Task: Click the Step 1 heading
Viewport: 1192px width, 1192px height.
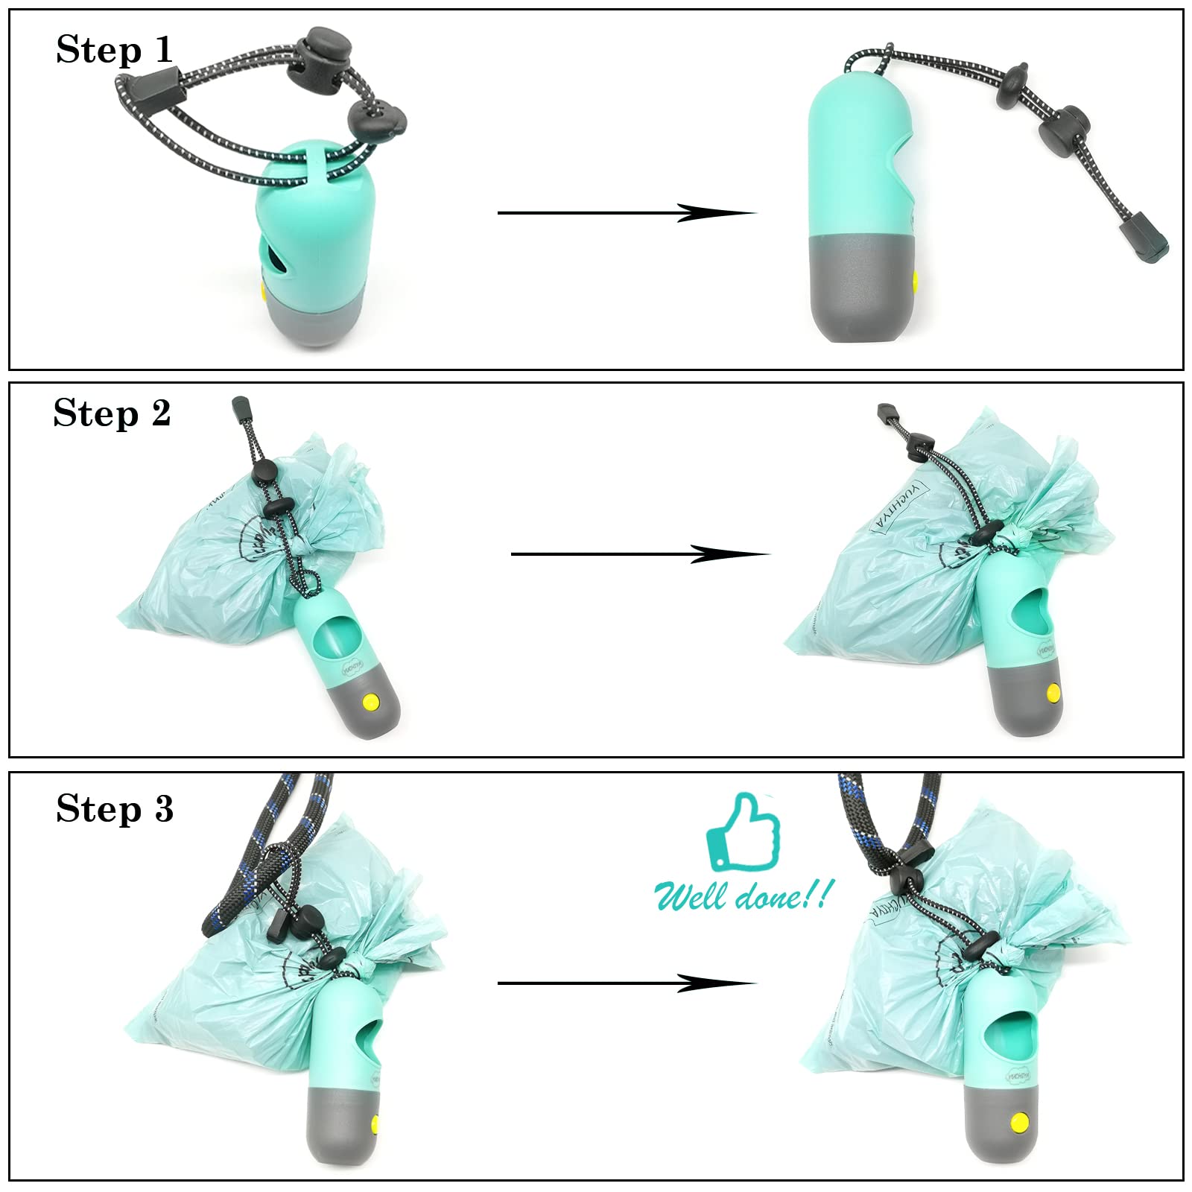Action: click(x=114, y=50)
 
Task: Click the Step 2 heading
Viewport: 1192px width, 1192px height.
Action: click(x=112, y=413)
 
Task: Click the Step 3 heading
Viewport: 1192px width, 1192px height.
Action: click(x=115, y=808)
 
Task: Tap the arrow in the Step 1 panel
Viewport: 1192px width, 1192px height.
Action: click(x=626, y=213)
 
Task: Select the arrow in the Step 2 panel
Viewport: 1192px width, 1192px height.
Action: click(x=639, y=554)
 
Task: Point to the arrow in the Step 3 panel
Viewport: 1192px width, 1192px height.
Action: click(x=626, y=983)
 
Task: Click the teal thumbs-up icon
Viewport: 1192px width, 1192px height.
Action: click(x=743, y=831)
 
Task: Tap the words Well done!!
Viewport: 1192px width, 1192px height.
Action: click(x=741, y=894)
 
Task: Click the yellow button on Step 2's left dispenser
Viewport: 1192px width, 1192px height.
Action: click(x=370, y=702)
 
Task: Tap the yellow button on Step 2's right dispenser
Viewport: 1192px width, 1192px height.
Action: click(x=1053, y=694)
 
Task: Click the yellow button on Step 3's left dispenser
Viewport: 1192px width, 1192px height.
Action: click(x=375, y=1120)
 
